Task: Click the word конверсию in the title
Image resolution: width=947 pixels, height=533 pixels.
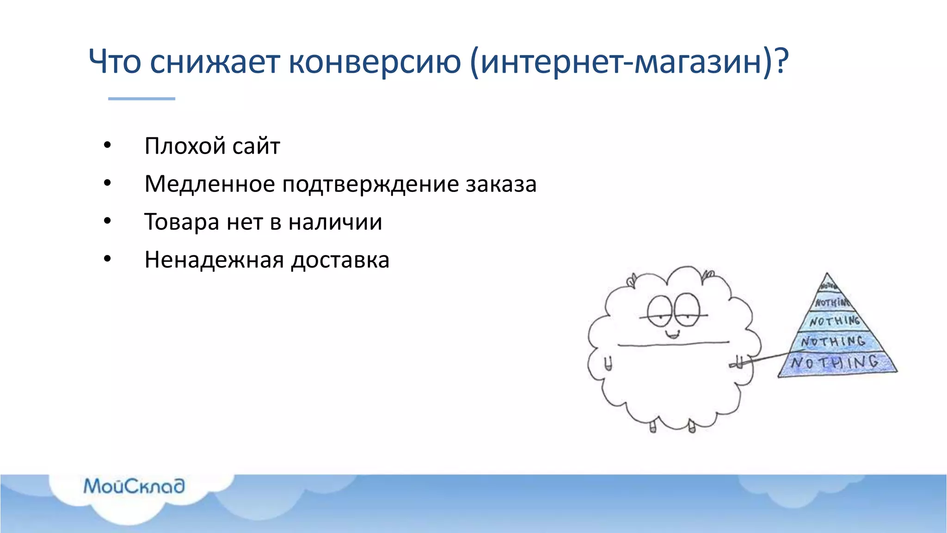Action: click(375, 62)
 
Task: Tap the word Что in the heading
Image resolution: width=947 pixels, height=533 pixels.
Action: click(115, 62)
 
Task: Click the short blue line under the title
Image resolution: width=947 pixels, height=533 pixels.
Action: click(141, 99)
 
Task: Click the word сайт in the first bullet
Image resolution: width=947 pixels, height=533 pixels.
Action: click(256, 146)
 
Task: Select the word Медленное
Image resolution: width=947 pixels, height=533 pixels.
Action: click(209, 184)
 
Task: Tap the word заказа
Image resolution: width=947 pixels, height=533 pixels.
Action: click(501, 184)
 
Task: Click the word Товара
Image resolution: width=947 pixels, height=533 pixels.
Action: click(182, 222)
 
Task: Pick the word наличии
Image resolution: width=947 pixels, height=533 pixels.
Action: click(335, 222)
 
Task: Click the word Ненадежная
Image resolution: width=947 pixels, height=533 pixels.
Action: click(214, 260)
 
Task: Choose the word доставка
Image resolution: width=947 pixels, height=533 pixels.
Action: click(340, 260)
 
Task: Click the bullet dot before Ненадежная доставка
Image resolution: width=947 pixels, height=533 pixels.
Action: click(107, 259)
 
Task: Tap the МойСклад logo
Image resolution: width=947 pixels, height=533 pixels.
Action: click(134, 486)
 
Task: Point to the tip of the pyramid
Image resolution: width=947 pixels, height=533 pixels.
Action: click(827, 276)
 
